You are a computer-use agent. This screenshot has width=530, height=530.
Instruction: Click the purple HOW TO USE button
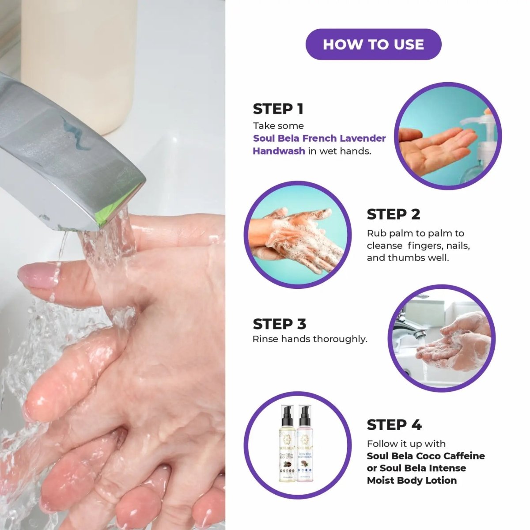[x=373, y=44]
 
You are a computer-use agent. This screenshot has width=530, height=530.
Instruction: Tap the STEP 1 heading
[x=278, y=109]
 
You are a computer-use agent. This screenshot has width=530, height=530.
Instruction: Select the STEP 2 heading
[x=393, y=214]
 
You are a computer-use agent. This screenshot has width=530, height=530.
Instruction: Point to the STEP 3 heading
[x=279, y=324]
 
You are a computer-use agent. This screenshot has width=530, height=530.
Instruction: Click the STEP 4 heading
[x=394, y=425]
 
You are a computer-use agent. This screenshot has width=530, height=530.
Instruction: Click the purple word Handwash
[x=279, y=151]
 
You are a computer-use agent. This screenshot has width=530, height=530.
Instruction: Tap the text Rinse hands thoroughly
[x=310, y=339]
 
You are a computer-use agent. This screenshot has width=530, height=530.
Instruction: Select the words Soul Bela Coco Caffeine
[x=425, y=456]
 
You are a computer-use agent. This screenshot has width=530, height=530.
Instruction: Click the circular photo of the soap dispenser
[x=447, y=136]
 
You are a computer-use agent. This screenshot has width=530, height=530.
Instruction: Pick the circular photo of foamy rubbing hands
[x=298, y=235]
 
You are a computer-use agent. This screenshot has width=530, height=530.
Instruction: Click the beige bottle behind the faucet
[x=79, y=57]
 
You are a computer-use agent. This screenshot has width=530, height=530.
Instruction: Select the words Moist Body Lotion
[x=412, y=481]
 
